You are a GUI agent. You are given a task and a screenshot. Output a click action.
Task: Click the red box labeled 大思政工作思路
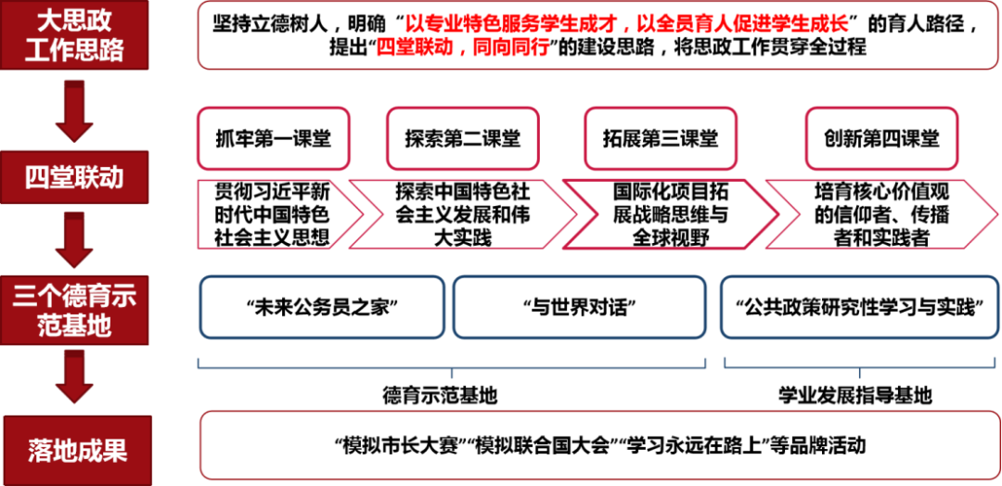click(x=75, y=35)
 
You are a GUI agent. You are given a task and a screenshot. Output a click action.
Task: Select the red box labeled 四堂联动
click(x=75, y=178)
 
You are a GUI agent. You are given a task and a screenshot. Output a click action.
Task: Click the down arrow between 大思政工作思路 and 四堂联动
click(x=75, y=110)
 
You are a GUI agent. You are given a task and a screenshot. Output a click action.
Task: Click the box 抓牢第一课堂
click(x=274, y=138)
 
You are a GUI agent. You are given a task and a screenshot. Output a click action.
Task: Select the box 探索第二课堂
click(x=462, y=138)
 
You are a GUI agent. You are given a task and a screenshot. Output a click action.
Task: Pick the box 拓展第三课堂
click(x=661, y=138)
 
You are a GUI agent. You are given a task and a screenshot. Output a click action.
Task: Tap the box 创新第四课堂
click(x=881, y=138)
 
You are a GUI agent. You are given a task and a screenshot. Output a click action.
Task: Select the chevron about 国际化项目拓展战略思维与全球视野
click(x=671, y=214)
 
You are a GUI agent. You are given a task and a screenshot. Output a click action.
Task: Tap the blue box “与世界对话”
click(x=580, y=307)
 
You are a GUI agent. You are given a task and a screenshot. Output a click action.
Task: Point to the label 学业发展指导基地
click(x=855, y=396)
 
